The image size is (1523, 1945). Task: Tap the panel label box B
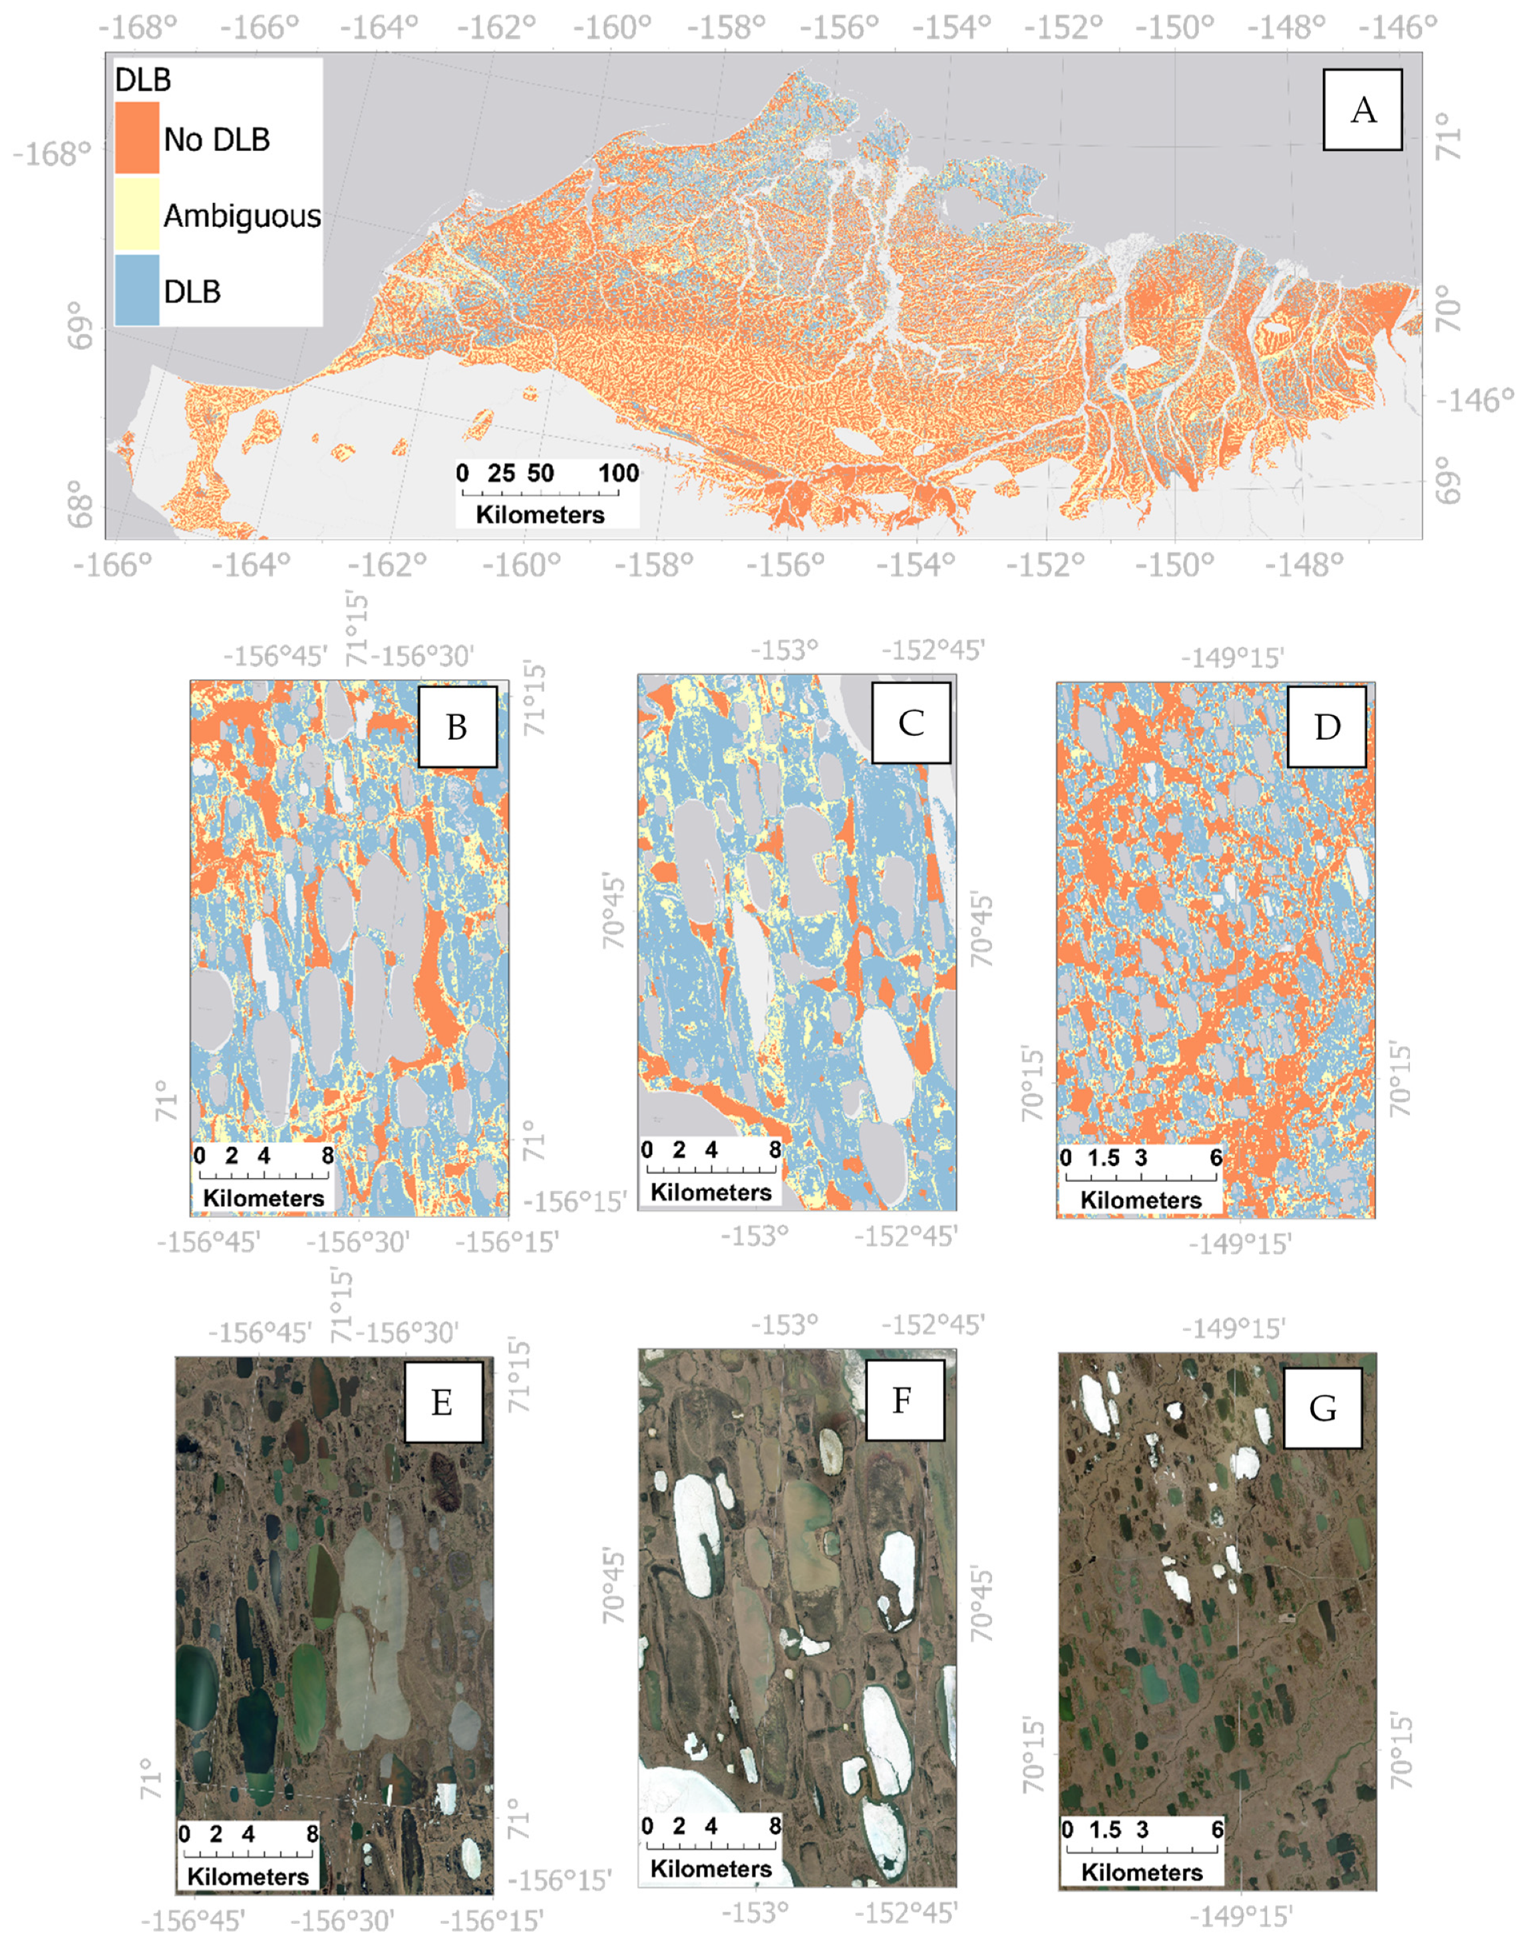pos(456,726)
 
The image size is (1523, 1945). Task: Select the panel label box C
pos(910,723)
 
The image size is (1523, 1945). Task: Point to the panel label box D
pos(1327,726)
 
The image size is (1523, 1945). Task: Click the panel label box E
pos(442,1402)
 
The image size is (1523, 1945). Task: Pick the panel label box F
pos(902,1400)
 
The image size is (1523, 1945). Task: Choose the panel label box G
pos(1321,1407)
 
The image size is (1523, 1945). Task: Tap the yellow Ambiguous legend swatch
pos(136,214)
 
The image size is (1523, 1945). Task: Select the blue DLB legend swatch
pos(136,290)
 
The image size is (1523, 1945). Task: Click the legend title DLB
pos(142,81)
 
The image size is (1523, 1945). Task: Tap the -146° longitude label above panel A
pos(1398,28)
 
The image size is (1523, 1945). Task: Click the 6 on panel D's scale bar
pos(1216,1158)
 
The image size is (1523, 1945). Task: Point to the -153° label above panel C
pos(784,649)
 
